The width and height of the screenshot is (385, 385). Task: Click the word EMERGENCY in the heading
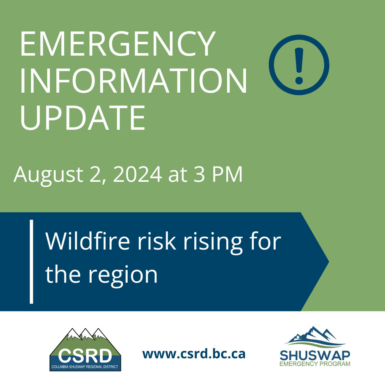pyautogui.click(x=118, y=44)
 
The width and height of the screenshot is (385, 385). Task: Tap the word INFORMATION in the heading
pyautogui.click(x=134, y=81)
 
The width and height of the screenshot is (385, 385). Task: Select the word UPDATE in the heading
pyautogui.click(x=83, y=117)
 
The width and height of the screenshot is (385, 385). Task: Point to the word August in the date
pyautogui.click(x=48, y=175)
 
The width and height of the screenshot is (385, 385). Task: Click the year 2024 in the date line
pyautogui.click(x=138, y=174)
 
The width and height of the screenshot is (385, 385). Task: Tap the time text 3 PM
pyautogui.click(x=218, y=174)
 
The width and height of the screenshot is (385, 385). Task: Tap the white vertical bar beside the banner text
pyautogui.click(x=31, y=262)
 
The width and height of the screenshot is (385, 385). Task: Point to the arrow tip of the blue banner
pyautogui.click(x=329, y=262)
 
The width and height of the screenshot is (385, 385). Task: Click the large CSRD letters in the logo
pyautogui.click(x=85, y=355)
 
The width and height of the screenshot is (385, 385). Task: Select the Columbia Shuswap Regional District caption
pyautogui.click(x=85, y=366)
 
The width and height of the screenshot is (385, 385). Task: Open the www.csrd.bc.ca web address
pyautogui.click(x=194, y=354)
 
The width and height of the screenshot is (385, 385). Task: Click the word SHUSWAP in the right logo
pyautogui.click(x=315, y=355)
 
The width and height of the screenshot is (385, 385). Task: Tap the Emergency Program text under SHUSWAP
pyautogui.click(x=315, y=364)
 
